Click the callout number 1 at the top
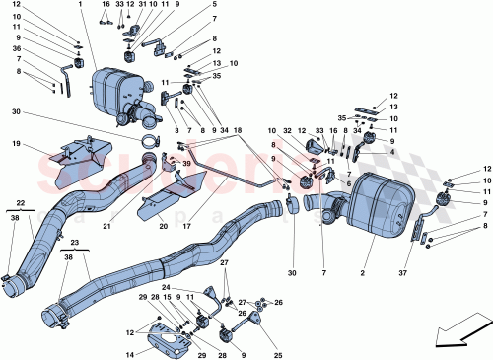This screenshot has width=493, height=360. (x=79, y=5)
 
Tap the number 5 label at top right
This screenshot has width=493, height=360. (x=214, y=5)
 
